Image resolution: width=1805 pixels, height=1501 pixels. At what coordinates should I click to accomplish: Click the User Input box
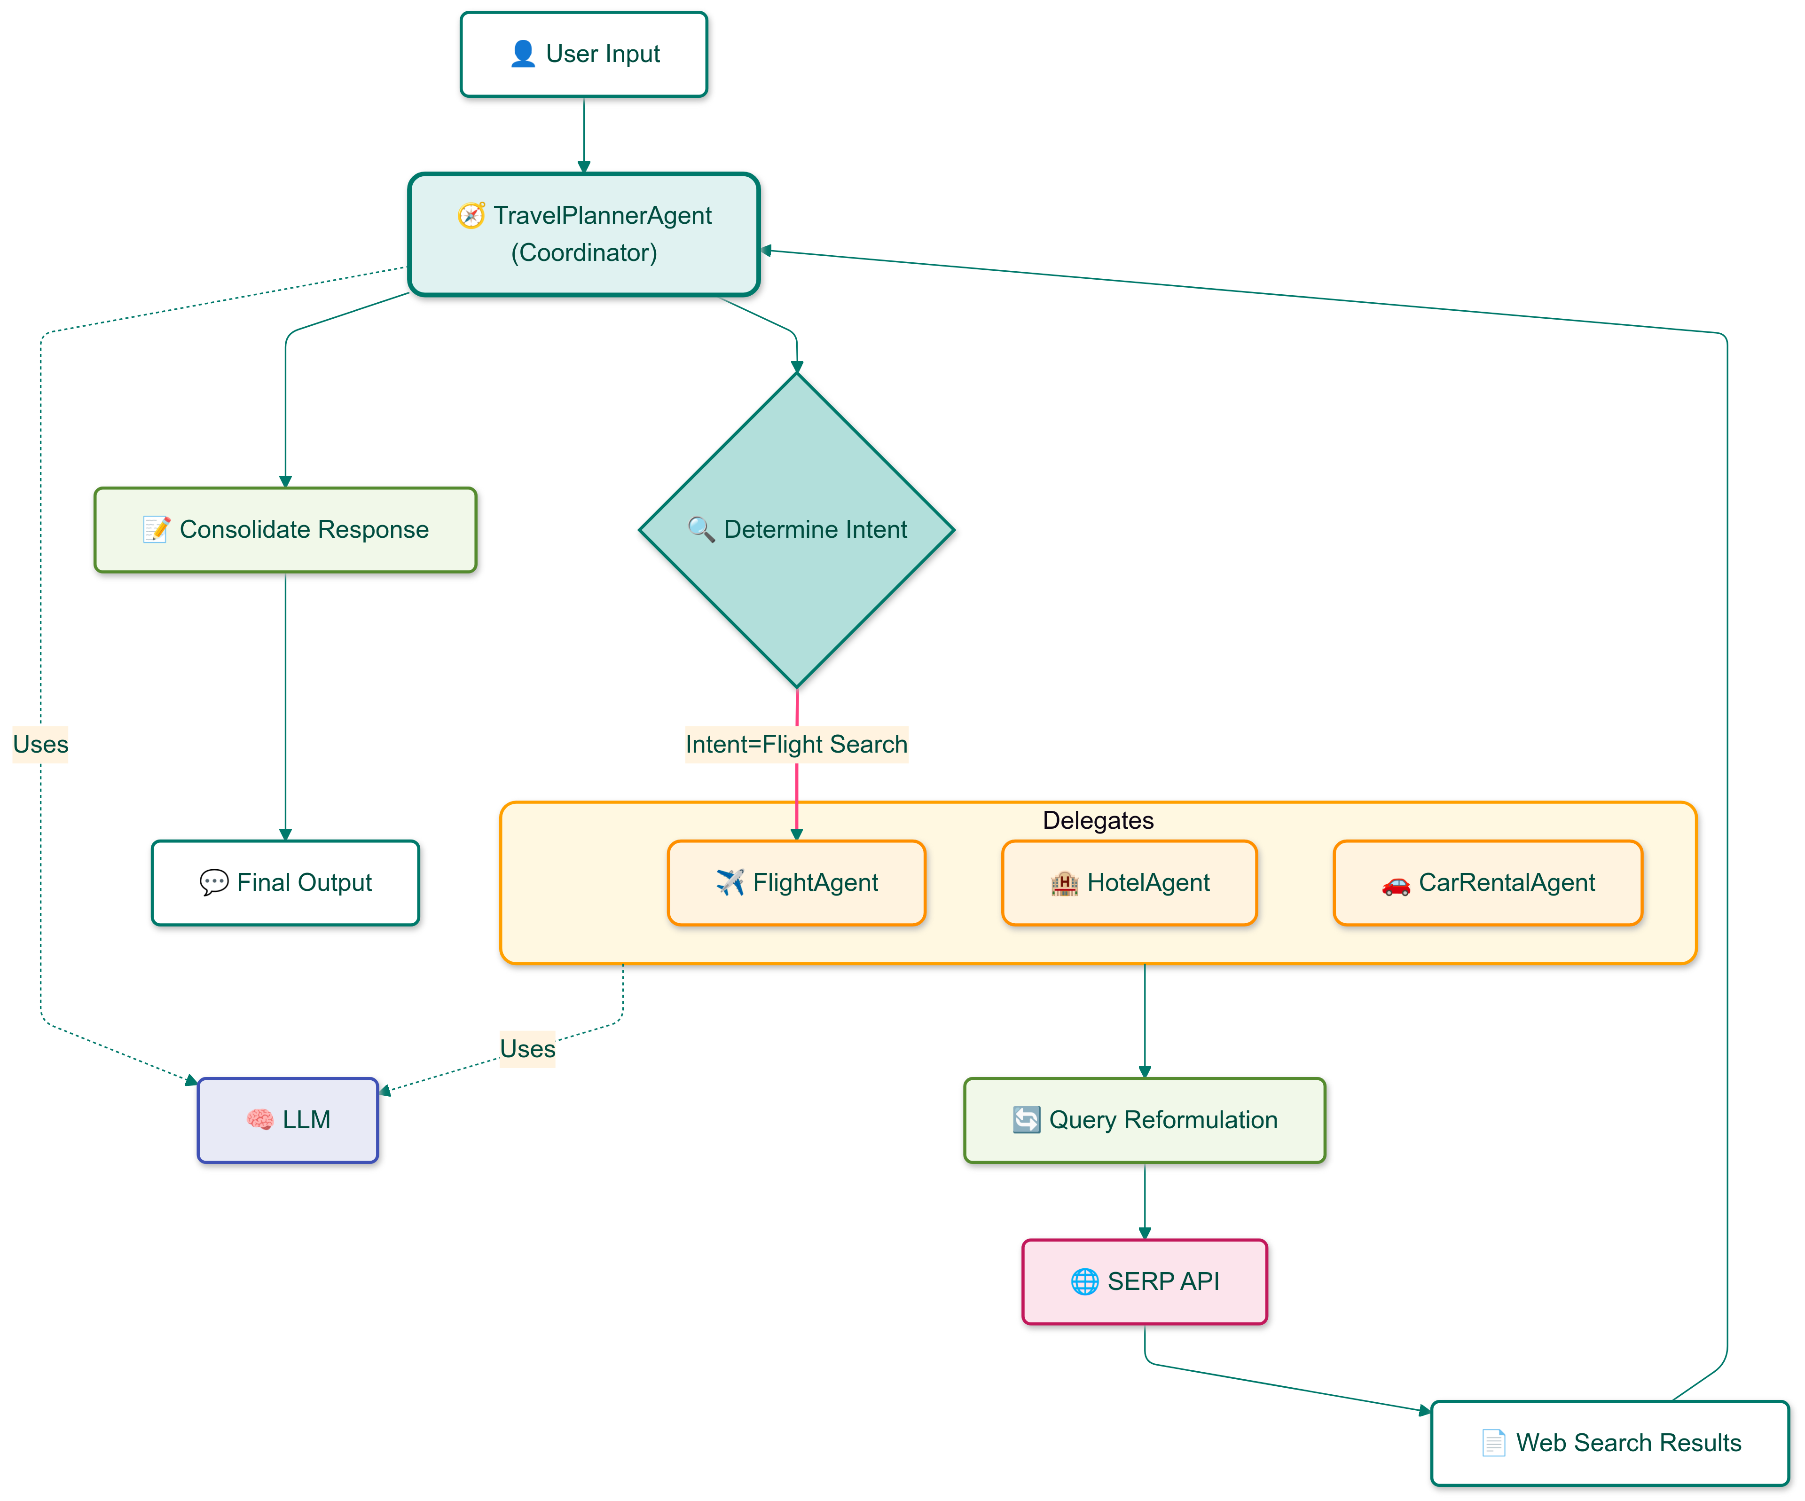point(584,54)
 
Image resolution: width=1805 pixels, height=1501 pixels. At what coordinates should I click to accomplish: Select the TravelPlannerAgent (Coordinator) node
point(584,234)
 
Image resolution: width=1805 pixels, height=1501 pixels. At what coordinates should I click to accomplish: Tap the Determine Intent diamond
point(797,530)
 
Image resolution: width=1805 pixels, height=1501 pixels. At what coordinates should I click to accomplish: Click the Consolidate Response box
point(285,530)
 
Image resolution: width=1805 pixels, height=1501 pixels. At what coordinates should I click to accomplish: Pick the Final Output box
point(285,883)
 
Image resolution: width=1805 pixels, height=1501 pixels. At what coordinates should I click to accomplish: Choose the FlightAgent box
point(797,883)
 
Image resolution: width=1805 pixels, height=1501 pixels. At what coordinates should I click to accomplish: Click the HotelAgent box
point(1130,883)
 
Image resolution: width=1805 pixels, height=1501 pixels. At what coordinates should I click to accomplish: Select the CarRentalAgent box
point(1488,883)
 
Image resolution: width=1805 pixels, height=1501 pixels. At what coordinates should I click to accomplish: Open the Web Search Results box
point(1610,1443)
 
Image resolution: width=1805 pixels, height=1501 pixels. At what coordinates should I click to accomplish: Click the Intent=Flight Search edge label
point(797,745)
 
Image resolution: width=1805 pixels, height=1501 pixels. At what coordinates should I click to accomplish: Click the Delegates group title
point(1098,820)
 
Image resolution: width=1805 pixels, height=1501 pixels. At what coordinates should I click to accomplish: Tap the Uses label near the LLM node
point(528,1049)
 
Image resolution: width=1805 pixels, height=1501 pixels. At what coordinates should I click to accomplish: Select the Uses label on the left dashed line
point(40,745)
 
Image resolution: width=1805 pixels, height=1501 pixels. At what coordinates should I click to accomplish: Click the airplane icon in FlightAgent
point(730,883)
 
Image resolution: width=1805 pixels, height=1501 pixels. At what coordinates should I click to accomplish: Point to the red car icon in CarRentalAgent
point(1396,885)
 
